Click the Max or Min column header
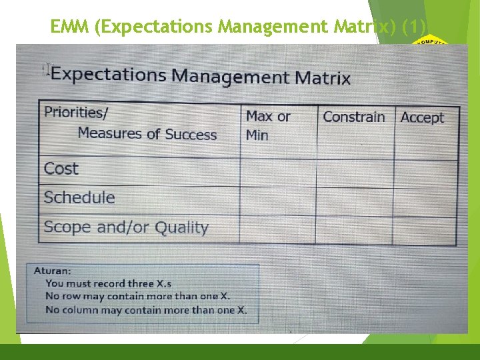tap(268, 125)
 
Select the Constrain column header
tap(354, 117)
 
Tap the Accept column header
tap(422, 118)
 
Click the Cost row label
tap(61, 169)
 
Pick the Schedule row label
tap(79, 197)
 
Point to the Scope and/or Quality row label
tap(126, 227)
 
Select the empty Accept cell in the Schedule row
tap(425, 201)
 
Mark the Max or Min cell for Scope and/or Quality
tap(277, 229)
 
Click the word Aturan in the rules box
tap(52, 271)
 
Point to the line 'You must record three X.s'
tap(108, 283)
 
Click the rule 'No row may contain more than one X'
tap(138, 296)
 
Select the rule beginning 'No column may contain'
tap(146, 309)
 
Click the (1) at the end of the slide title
tap(418, 27)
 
